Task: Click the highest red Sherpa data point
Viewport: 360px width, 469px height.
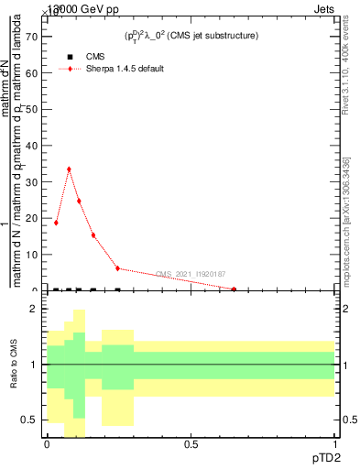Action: (69, 169)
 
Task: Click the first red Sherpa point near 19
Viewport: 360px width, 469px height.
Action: (56, 223)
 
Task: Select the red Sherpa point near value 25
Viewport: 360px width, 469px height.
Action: (79, 201)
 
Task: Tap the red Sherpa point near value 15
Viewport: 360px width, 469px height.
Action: (93, 235)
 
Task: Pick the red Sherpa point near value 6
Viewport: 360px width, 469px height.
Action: (117, 268)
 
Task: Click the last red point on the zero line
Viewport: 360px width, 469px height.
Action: (234, 289)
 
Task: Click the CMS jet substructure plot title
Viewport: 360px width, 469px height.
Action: (191, 36)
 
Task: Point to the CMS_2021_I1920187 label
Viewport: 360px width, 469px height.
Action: (191, 274)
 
